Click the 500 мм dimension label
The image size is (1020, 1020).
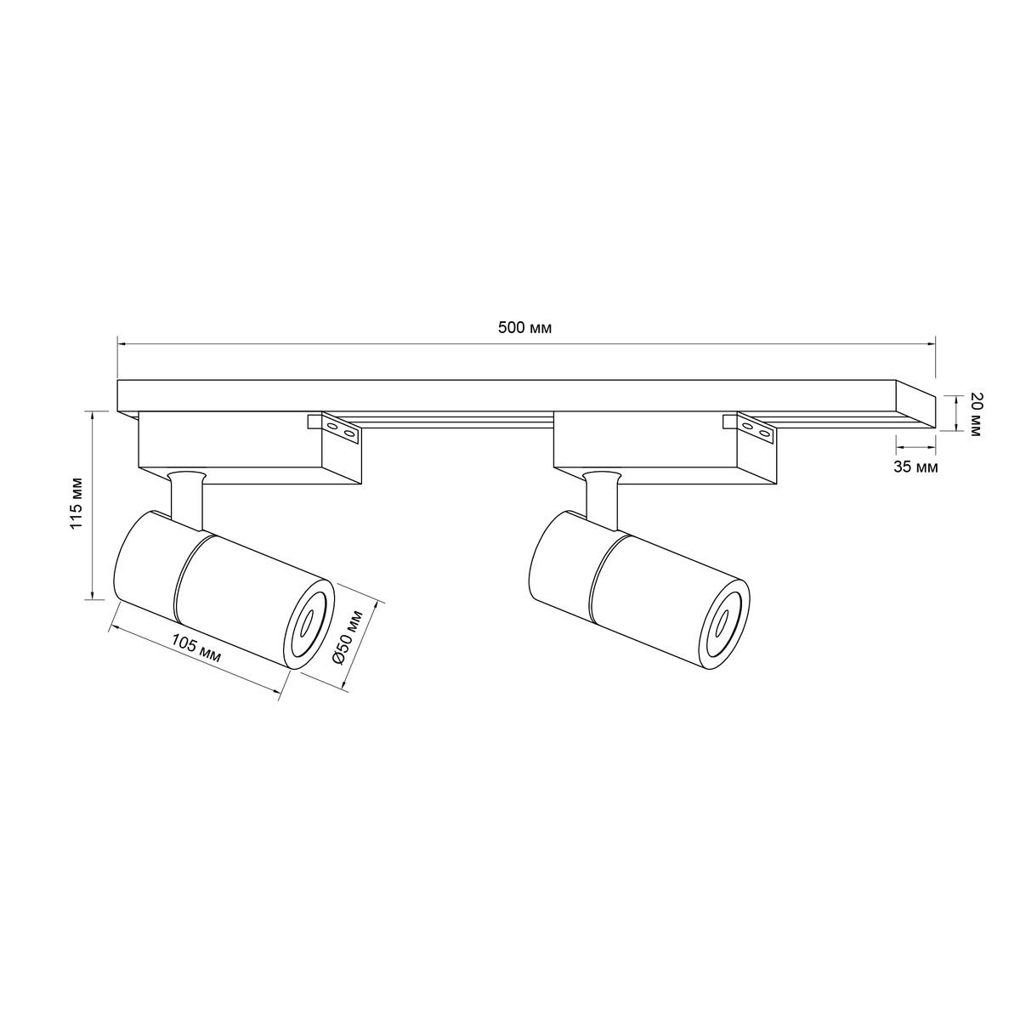coord(524,328)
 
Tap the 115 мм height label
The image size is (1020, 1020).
coord(78,503)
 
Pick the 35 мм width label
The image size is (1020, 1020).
coord(915,467)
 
